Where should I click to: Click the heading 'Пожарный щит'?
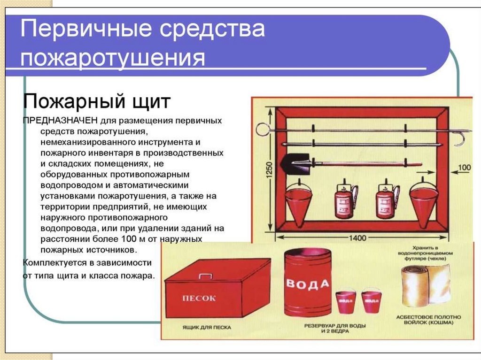(97, 101)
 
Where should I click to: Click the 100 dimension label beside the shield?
(464, 167)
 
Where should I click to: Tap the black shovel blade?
(295, 164)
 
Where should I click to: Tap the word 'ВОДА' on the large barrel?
(308, 284)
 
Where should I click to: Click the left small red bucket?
(345, 303)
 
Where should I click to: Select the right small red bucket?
(372, 303)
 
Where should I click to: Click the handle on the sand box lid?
(205, 276)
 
